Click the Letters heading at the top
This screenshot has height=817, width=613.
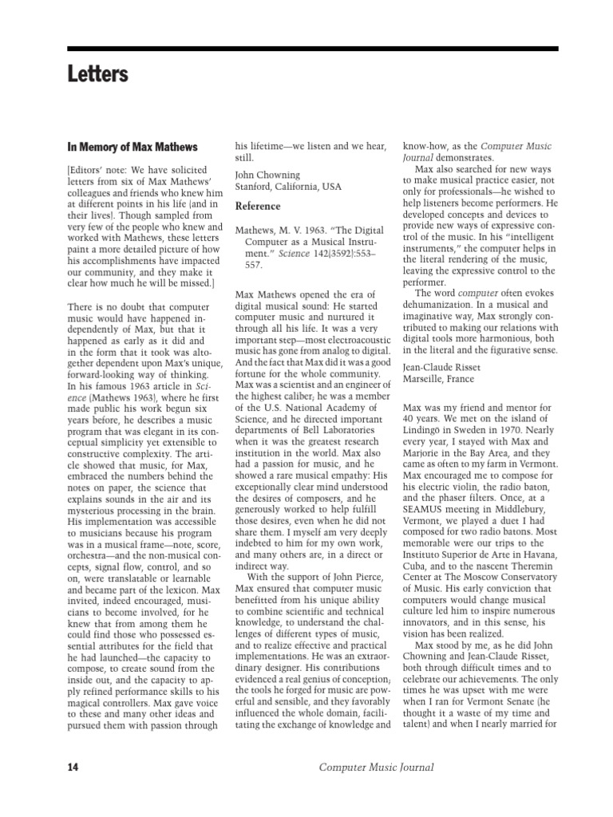[98, 75]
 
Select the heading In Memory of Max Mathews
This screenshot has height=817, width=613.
[132, 147]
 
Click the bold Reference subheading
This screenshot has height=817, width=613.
[259, 206]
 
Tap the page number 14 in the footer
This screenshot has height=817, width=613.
[73, 768]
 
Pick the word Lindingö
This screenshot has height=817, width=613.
[426, 431]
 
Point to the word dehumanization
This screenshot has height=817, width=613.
[444, 306]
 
